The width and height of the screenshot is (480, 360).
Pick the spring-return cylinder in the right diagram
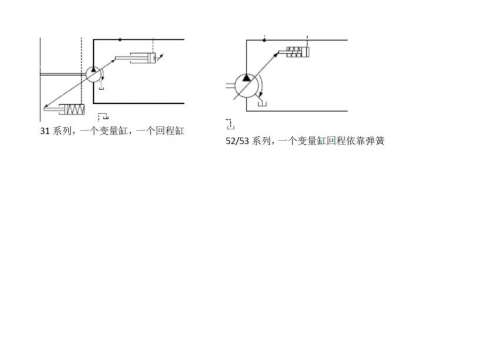[295, 51]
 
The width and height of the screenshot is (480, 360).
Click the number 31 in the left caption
[44, 131]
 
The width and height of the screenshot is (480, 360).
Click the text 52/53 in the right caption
[238, 141]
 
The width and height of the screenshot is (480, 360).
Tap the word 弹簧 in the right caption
[375, 141]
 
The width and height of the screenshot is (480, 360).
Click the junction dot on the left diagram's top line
[120, 39]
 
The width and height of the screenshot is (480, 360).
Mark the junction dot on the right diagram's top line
[264, 40]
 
